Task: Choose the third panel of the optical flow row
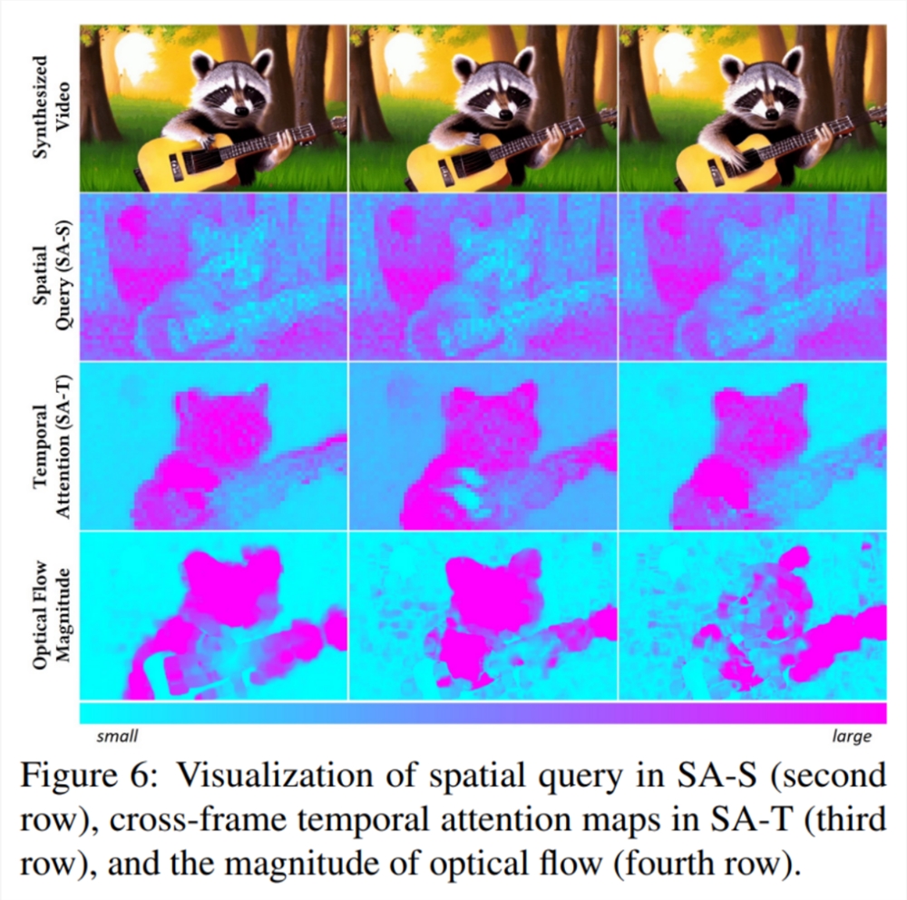point(752,615)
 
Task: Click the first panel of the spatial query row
point(214,277)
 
